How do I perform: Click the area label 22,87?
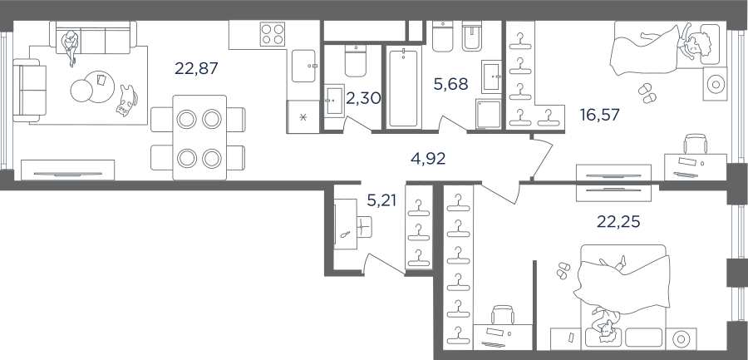point(196,68)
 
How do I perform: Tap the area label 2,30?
point(363,98)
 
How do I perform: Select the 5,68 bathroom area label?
point(450,84)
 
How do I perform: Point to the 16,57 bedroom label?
point(599,115)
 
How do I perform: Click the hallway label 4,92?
point(428,159)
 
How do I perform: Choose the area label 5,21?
point(381,200)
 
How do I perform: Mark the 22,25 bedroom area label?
point(618,221)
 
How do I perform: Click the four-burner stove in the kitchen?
point(273,34)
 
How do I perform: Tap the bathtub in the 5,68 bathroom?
point(403,87)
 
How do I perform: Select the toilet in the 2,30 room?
point(356,62)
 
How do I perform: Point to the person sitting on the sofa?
point(71,47)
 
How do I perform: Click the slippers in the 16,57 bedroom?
point(647,93)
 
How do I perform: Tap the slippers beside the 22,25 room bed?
point(563,269)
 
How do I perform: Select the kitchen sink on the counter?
point(304,66)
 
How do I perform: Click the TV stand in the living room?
point(68,170)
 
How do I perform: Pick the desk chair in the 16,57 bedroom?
point(696,144)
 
